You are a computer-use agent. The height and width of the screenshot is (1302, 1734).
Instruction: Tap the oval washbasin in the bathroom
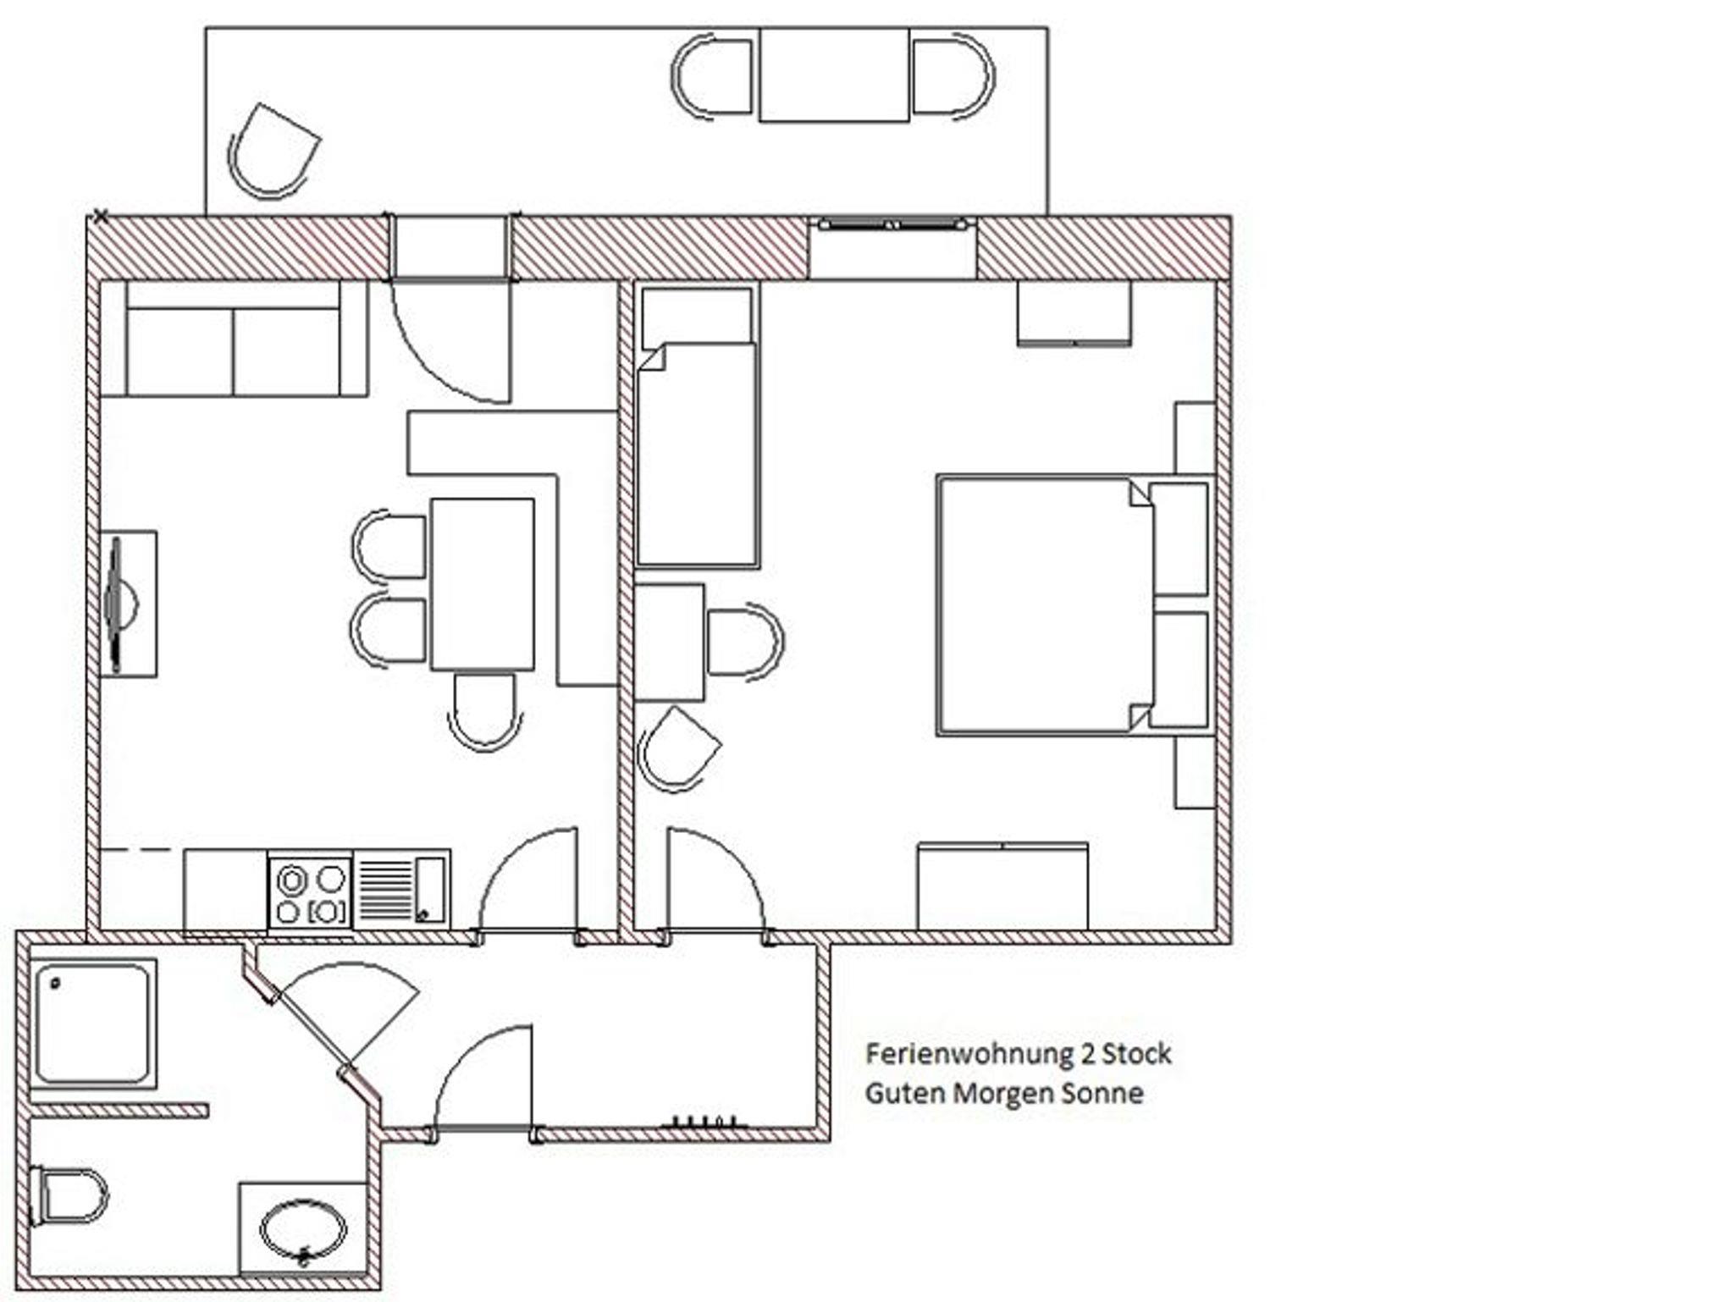point(302,1230)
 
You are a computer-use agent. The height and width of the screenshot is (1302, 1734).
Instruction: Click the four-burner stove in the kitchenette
point(310,893)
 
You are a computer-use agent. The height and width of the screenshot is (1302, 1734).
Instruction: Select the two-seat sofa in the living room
point(234,338)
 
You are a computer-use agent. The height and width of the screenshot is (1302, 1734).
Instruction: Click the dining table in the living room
point(483,584)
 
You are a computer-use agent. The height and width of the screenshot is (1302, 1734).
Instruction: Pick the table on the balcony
point(834,74)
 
